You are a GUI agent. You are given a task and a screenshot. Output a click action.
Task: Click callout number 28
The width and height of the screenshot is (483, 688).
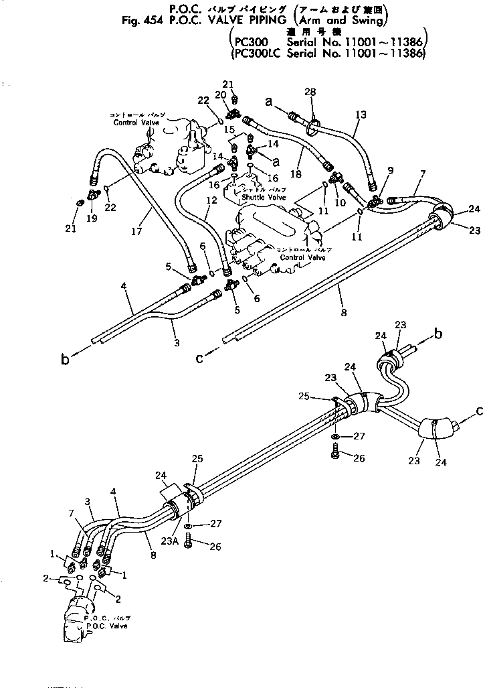pyautogui.click(x=310, y=91)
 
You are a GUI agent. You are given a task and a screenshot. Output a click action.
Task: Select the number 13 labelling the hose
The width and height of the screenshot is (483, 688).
pyautogui.click(x=361, y=115)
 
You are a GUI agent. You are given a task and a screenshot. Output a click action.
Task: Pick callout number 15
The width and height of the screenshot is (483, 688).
pyautogui.click(x=229, y=129)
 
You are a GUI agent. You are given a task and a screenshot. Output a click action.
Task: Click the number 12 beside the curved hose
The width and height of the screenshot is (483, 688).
pyautogui.click(x=211, y=200)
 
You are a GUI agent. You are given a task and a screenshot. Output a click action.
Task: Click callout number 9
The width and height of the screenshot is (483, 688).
pyautogui.click(x=390, y=171)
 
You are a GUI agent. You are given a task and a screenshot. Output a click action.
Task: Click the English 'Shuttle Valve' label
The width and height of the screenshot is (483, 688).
pyautogui.click(x=264, y=198)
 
